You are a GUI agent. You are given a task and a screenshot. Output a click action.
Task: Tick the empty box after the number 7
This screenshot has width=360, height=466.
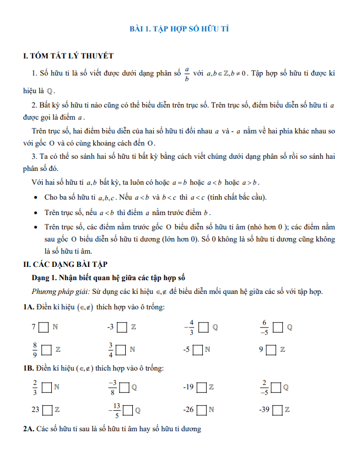tap(44, 327)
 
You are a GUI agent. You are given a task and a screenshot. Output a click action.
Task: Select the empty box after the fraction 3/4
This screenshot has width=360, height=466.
tap(121, 349)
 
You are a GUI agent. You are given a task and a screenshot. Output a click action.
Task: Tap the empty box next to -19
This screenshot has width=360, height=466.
tap(201, 387)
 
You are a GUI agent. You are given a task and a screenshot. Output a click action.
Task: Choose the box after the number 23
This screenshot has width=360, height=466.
tap(48, 410)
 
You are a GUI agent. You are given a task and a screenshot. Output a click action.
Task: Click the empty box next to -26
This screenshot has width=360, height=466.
tap(202, 410)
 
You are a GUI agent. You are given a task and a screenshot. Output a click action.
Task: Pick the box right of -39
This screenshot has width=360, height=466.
tap(277, 410)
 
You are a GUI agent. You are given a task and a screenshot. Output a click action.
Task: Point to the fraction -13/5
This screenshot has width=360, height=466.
tap(115, 410)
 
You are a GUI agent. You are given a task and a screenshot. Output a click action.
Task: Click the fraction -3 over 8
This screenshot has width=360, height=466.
tap(112, 387)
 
